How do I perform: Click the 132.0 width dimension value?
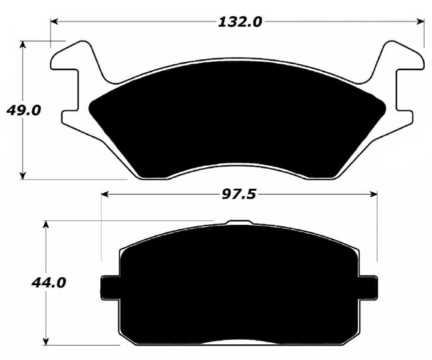(x=239, y=22)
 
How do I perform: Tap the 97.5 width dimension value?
(x=240, y=195)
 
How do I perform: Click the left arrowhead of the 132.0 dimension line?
(x=54, y=22)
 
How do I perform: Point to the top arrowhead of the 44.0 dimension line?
(x=46, y=225)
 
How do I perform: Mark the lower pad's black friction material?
(x=239, y=289)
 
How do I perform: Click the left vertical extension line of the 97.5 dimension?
(x=102, y=230)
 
